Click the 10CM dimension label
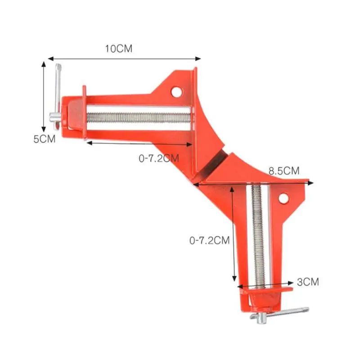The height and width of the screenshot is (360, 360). pos(119,49)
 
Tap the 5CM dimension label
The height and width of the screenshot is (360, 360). pos(44,139)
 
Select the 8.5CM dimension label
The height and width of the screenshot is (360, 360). pos(283,171)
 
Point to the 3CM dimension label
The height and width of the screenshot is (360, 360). pos(308,282)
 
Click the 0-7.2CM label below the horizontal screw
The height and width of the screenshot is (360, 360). pos(159,158)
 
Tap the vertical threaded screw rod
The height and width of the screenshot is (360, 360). pos(258,238)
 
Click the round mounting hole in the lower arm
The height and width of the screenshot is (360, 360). pos(283,198)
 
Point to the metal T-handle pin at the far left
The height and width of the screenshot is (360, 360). pos(56,97)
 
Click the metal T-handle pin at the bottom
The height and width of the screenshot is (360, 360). pos(279,314)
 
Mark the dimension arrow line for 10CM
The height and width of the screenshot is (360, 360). pos(124,58)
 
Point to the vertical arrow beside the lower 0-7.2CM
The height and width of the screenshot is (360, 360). pos(233,234)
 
